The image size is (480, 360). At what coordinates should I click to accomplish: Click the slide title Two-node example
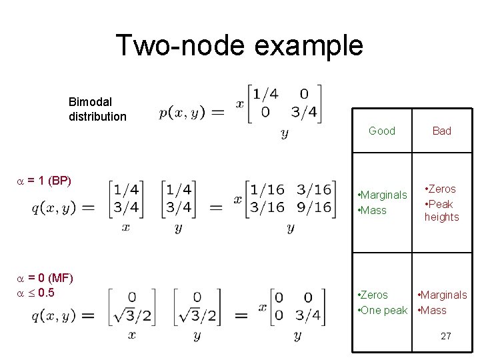tap(239, 45)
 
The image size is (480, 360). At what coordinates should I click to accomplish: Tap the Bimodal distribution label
tap(97, 109)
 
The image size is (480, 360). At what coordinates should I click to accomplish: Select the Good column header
tap(382, 131)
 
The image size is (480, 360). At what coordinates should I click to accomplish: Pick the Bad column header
tap(442, 131)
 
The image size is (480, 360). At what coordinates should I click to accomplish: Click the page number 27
tap(445, 337)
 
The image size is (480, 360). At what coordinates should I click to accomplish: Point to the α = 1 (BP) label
tap(43, 181)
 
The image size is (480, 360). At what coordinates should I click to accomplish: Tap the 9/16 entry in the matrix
tap(313, 207)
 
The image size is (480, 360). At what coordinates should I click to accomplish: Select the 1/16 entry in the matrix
tap(267, 190)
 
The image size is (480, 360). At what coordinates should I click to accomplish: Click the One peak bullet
tap(383, 310)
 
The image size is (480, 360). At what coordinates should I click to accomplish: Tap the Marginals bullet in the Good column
tap(383, 195)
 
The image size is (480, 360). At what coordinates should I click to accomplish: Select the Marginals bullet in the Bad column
tap(442, 295)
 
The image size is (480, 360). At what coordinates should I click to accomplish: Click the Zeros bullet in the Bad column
tap(441, 189)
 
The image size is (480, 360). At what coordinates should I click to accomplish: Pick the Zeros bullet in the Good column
tap(373, 295)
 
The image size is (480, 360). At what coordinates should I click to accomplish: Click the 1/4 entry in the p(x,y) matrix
tap(265, 94)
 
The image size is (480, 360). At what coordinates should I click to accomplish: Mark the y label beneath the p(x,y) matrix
tap(285, 134)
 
